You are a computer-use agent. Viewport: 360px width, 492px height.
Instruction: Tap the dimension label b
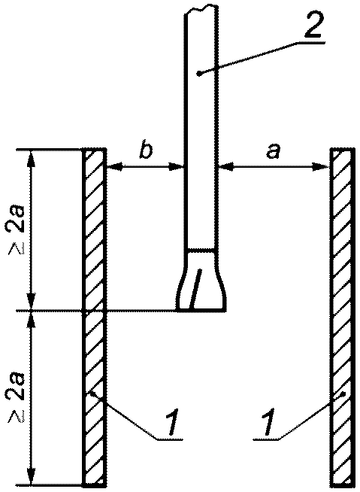pyautogui.click(x=145, y=151)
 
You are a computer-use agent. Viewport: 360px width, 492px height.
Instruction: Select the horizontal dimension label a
pyautogui.click(x=272, y=151)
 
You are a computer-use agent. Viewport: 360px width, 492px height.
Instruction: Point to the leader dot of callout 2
pyautogui.click(x=198, y=74)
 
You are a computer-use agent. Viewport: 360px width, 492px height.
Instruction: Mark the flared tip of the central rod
pyautogui.click(x=201, y=280)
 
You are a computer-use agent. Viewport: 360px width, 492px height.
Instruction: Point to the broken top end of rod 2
pyautogui.click(x=200, y=10)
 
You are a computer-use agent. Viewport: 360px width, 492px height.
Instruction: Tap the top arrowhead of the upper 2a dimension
pyautogui.click(x=31, y=158)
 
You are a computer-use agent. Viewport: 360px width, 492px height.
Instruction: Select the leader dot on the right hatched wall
pyautogui.click(x=344, y=393)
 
